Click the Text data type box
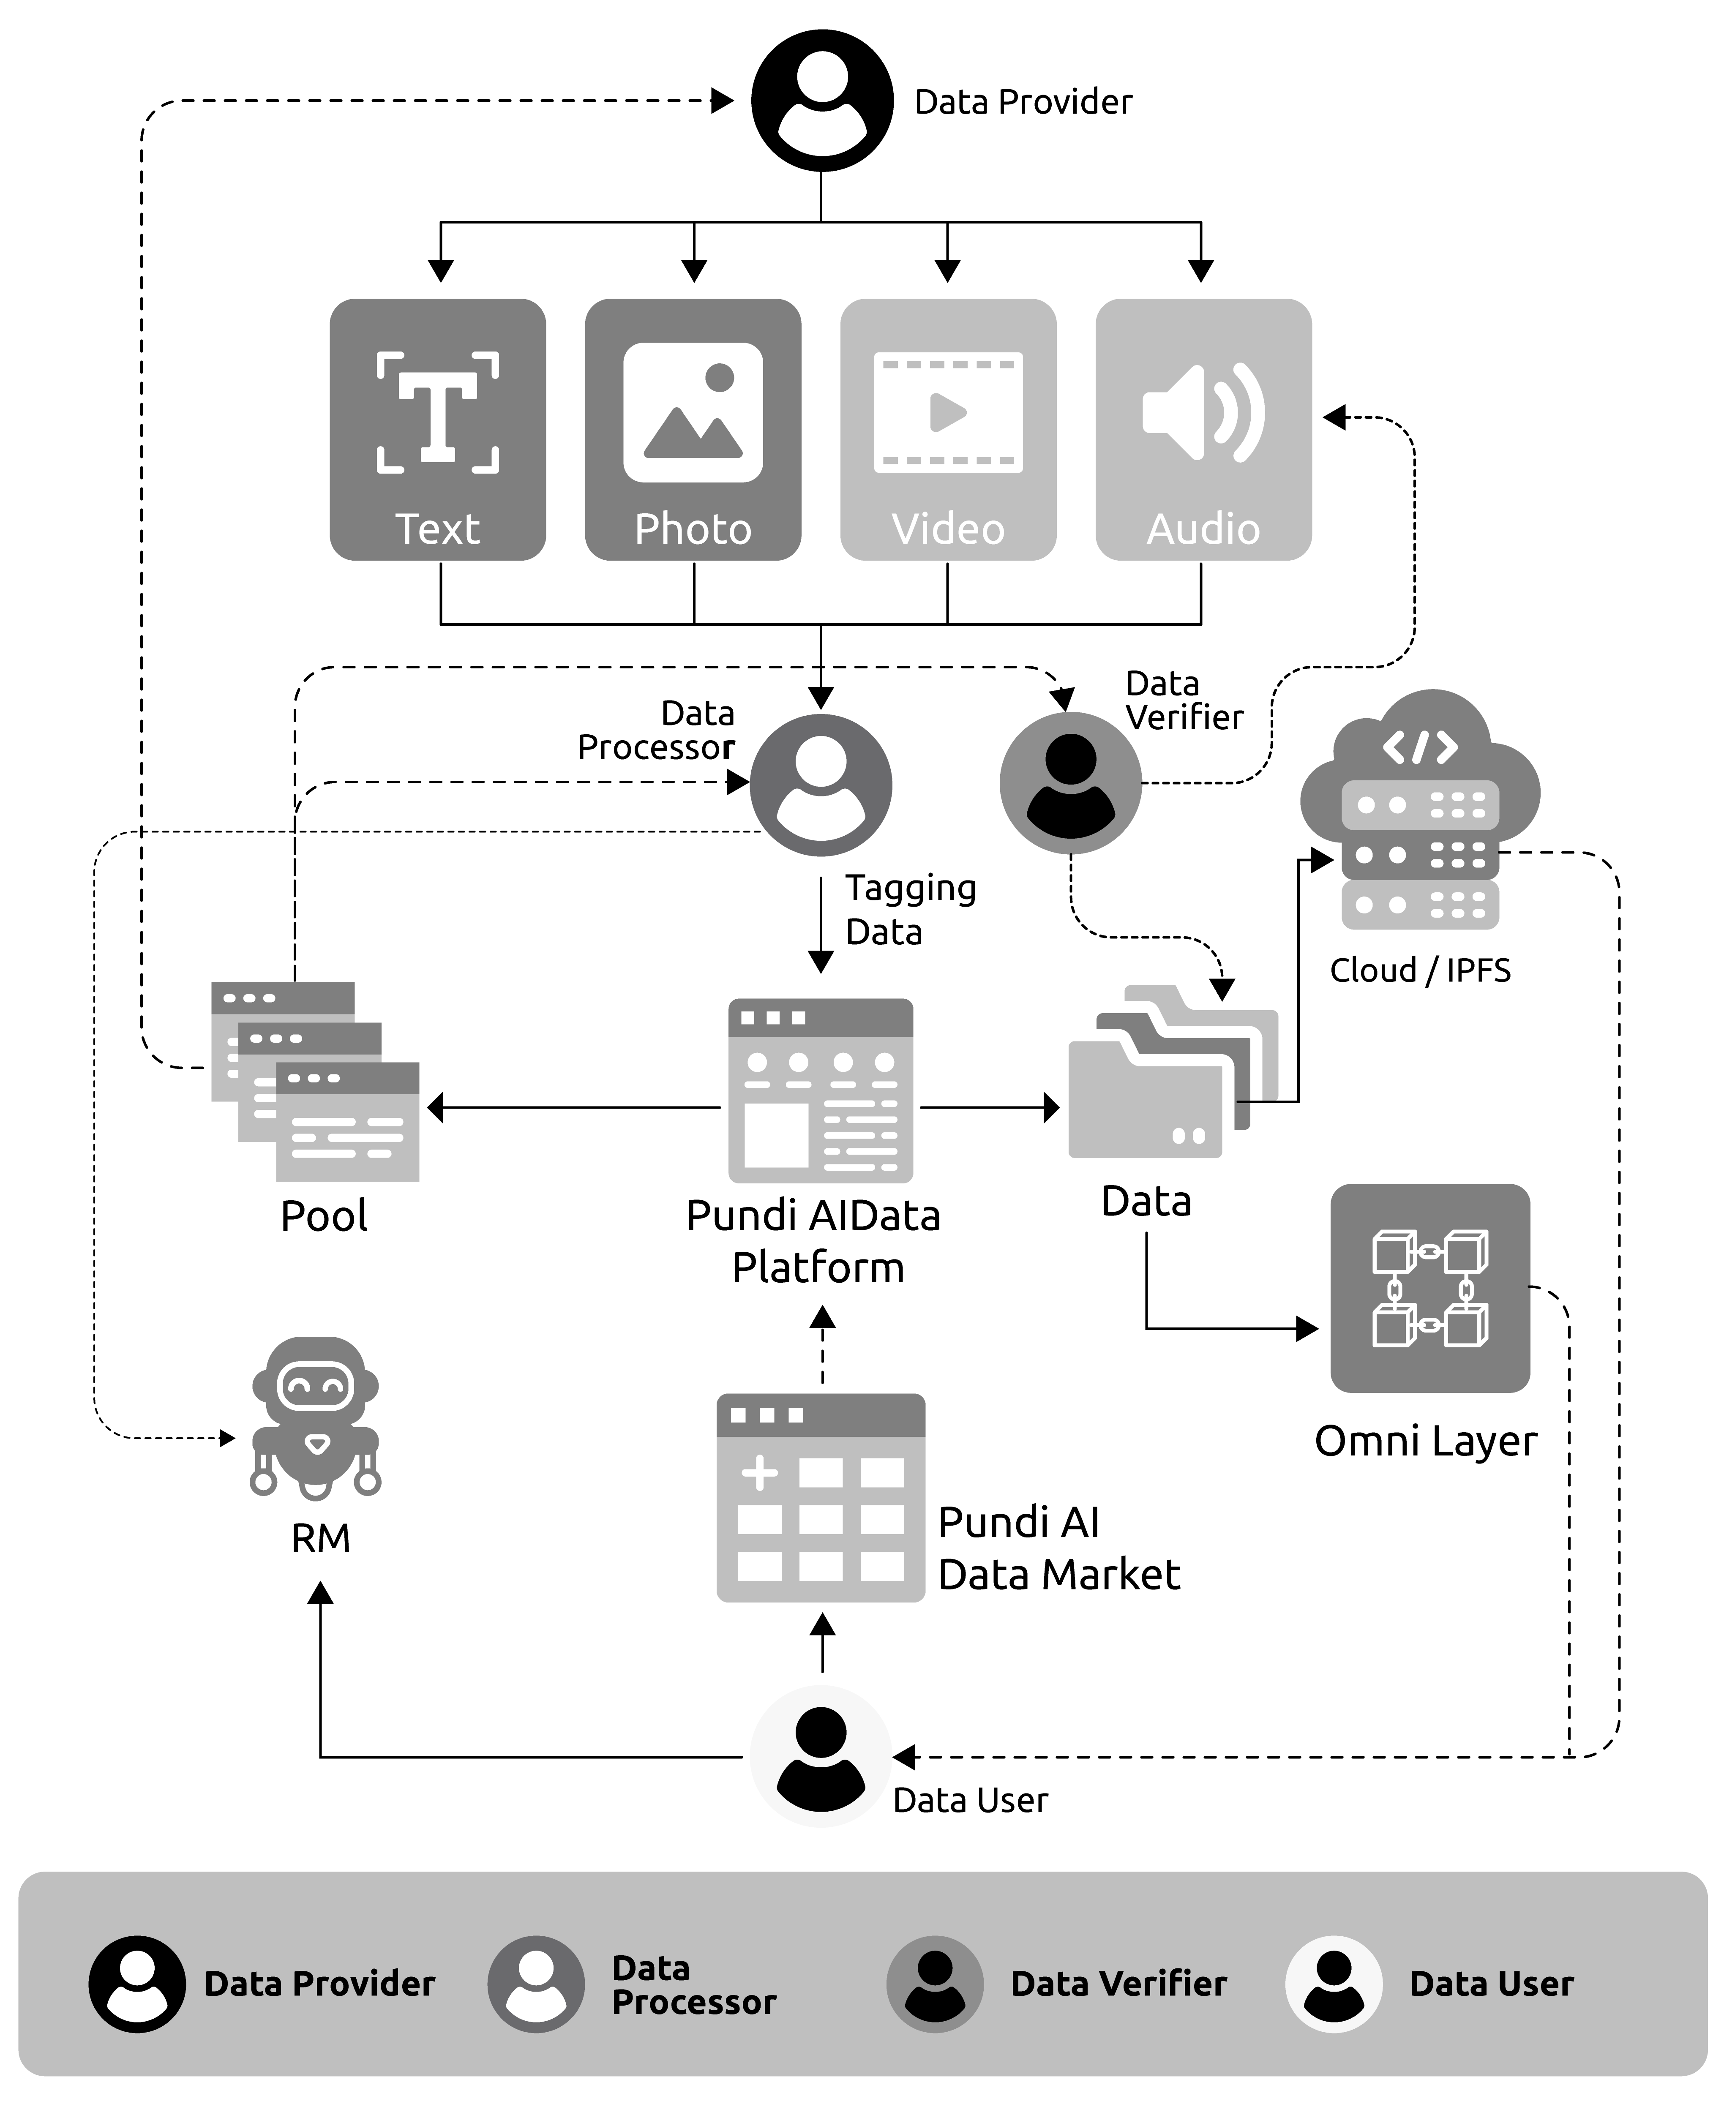[438, 429]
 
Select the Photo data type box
[693, 429]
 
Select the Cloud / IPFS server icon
[1420, 814]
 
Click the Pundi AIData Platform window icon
[820, 1090]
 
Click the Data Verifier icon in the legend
[935, 1984]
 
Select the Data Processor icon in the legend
[535, 1984]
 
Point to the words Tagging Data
[910, 910]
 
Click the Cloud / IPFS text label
[1420, 970]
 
